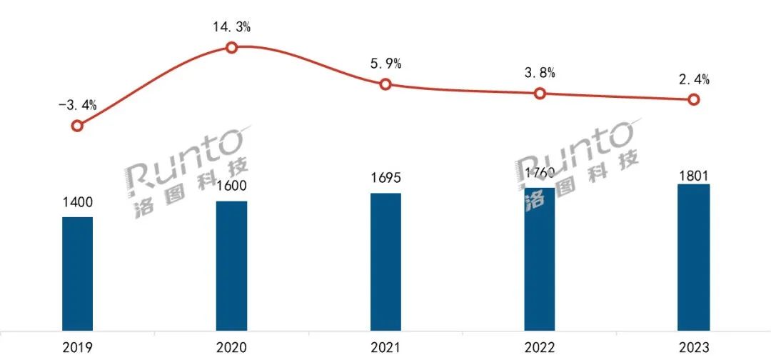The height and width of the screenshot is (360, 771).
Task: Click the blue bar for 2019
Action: point(77,274)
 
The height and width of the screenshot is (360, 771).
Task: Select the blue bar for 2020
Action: point(231,266)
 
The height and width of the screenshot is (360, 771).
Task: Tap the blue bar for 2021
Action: point(385,262)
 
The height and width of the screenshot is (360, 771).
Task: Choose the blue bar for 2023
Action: point(694,258)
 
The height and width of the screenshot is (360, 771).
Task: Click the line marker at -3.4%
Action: point(78,126)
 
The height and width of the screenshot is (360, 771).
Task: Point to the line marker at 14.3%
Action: point(231,48)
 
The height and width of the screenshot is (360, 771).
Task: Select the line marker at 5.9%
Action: point(385,84)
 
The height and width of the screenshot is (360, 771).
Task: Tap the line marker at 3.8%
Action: point(540,94)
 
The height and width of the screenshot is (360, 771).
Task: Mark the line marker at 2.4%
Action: point(693,100)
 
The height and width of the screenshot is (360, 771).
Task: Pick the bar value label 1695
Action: point(385,179)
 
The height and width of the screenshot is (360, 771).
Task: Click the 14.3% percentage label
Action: point(231,28)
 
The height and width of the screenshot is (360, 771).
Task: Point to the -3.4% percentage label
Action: point(77,106)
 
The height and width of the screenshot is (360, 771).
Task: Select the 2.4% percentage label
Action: point(694,80)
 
